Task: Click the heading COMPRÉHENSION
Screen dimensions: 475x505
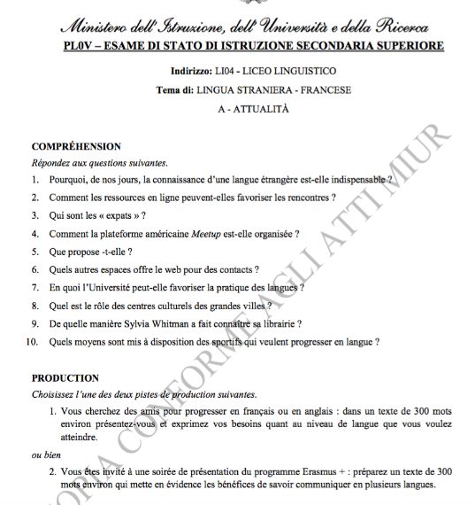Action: (76, 146)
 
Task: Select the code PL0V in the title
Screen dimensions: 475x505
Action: (78, 46)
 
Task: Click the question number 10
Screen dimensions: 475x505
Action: (33, 341)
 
